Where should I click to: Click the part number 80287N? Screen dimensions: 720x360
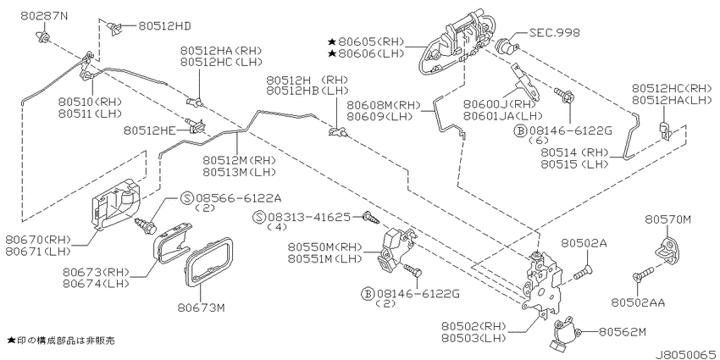[43, 15]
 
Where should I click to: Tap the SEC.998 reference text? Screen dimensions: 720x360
[554, 32]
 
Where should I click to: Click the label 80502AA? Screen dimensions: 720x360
[638, 302]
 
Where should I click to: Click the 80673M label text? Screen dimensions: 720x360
[201, 307]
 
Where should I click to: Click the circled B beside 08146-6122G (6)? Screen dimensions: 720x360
[520, 130]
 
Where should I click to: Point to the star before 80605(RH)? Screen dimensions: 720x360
[331, 42]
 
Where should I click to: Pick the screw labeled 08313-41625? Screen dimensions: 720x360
[370, 217]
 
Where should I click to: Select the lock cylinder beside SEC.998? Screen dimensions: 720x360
[508, 46]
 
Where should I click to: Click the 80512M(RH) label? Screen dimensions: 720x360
[239, 161]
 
